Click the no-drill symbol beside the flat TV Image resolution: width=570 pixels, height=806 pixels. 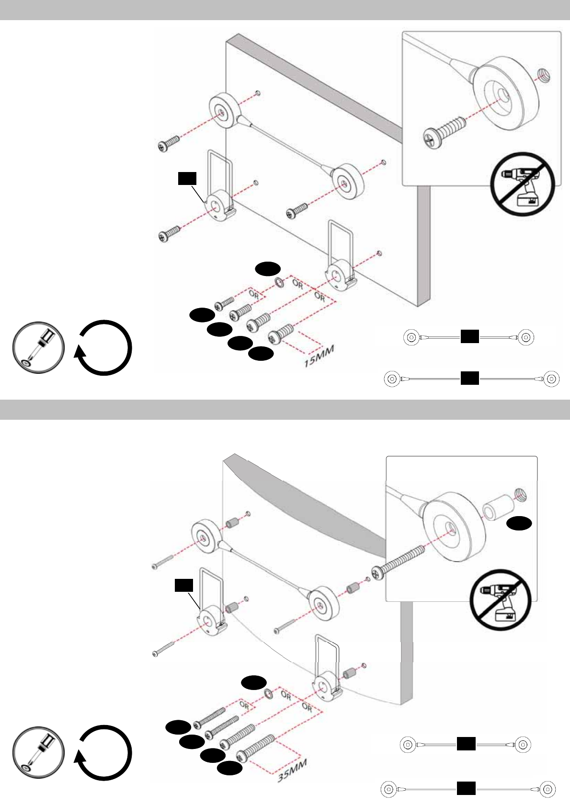point(522,184)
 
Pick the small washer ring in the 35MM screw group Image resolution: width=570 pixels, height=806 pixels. point(268,693)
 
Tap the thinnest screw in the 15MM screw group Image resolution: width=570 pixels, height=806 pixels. point(224,302)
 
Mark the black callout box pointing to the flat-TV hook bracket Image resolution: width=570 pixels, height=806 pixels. point(187,178)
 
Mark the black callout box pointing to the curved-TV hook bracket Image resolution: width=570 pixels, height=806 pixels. point(183,585)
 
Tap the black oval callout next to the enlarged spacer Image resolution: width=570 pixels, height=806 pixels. point(520,524)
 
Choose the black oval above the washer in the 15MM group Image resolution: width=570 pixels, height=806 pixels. point(267,269)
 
